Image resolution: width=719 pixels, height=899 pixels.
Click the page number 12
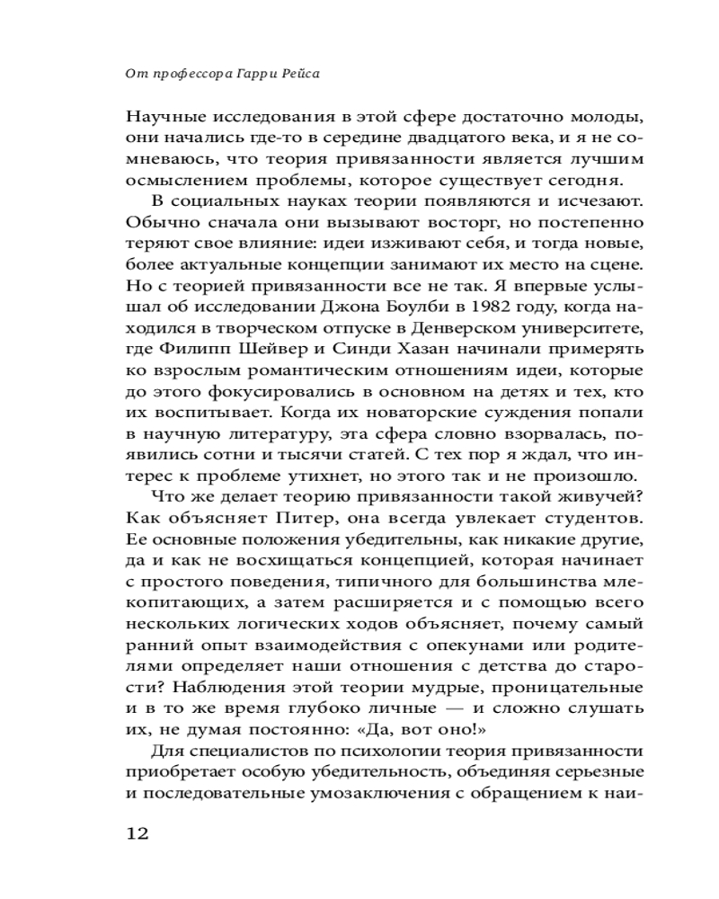click(x=138, y=833)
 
